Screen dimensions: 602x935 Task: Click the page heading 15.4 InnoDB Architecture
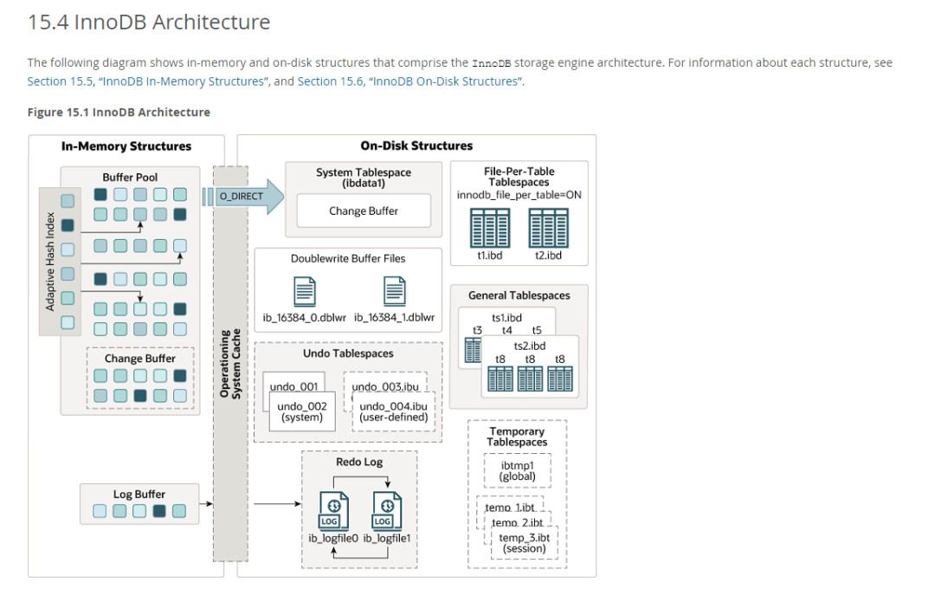point(149,23)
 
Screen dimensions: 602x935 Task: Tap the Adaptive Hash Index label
point(50,261)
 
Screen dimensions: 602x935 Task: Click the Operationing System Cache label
point(230,363)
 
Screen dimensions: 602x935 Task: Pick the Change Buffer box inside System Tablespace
point(364,211)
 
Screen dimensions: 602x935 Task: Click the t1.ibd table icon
point(490,228)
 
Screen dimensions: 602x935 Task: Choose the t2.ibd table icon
point(548,228)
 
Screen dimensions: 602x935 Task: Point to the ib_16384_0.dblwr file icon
point(305,290)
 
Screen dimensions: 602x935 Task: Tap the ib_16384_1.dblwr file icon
point(395,290)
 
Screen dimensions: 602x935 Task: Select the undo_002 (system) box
point(302,411)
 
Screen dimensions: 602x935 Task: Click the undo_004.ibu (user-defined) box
point(393,411)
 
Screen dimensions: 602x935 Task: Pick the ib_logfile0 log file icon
point(333,510)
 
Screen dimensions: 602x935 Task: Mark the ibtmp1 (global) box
point(517,471)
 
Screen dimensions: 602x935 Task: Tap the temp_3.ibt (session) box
point(524,543)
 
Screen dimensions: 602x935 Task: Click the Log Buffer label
point(139,495)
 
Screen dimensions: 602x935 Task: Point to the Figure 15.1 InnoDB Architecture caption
point(119,113)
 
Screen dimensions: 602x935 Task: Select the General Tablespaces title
point(519,295)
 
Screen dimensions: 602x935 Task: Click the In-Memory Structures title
point(126,146)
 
